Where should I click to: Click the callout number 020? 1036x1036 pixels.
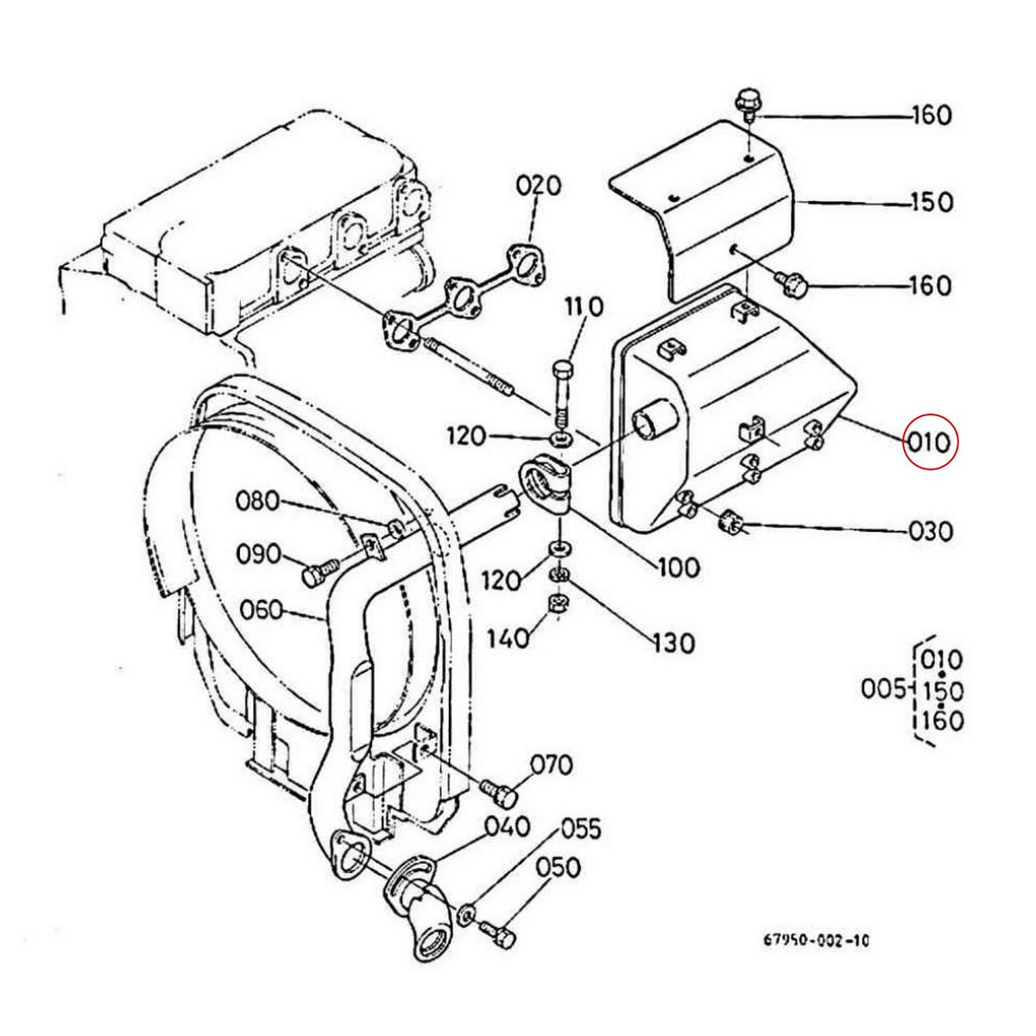click(539, 186)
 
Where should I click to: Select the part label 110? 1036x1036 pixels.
click(585, 306)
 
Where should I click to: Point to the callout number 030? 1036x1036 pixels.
click(931, 530)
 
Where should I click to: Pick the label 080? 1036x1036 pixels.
click(259, 501)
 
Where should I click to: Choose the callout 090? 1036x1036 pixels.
click(259, 553)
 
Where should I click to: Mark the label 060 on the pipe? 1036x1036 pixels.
click(260, 610)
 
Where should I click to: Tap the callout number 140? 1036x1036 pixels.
click(507, 638)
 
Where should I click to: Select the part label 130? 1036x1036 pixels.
click(673, 643)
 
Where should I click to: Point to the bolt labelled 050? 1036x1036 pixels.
click(498, 932)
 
